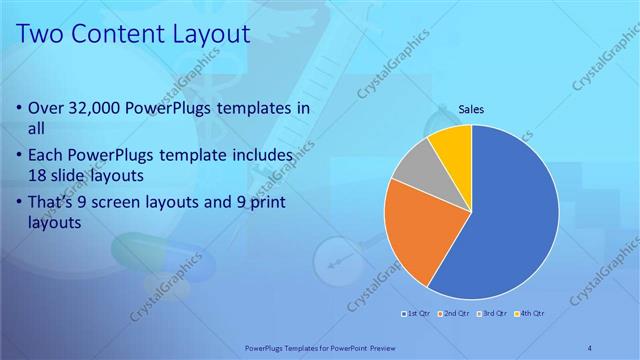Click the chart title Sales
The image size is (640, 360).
472,109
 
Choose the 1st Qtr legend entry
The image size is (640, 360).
418,314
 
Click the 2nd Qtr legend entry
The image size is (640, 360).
456,314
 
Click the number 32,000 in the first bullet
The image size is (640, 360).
94,108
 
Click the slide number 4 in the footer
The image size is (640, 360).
590,347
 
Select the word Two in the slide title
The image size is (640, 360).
39,34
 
